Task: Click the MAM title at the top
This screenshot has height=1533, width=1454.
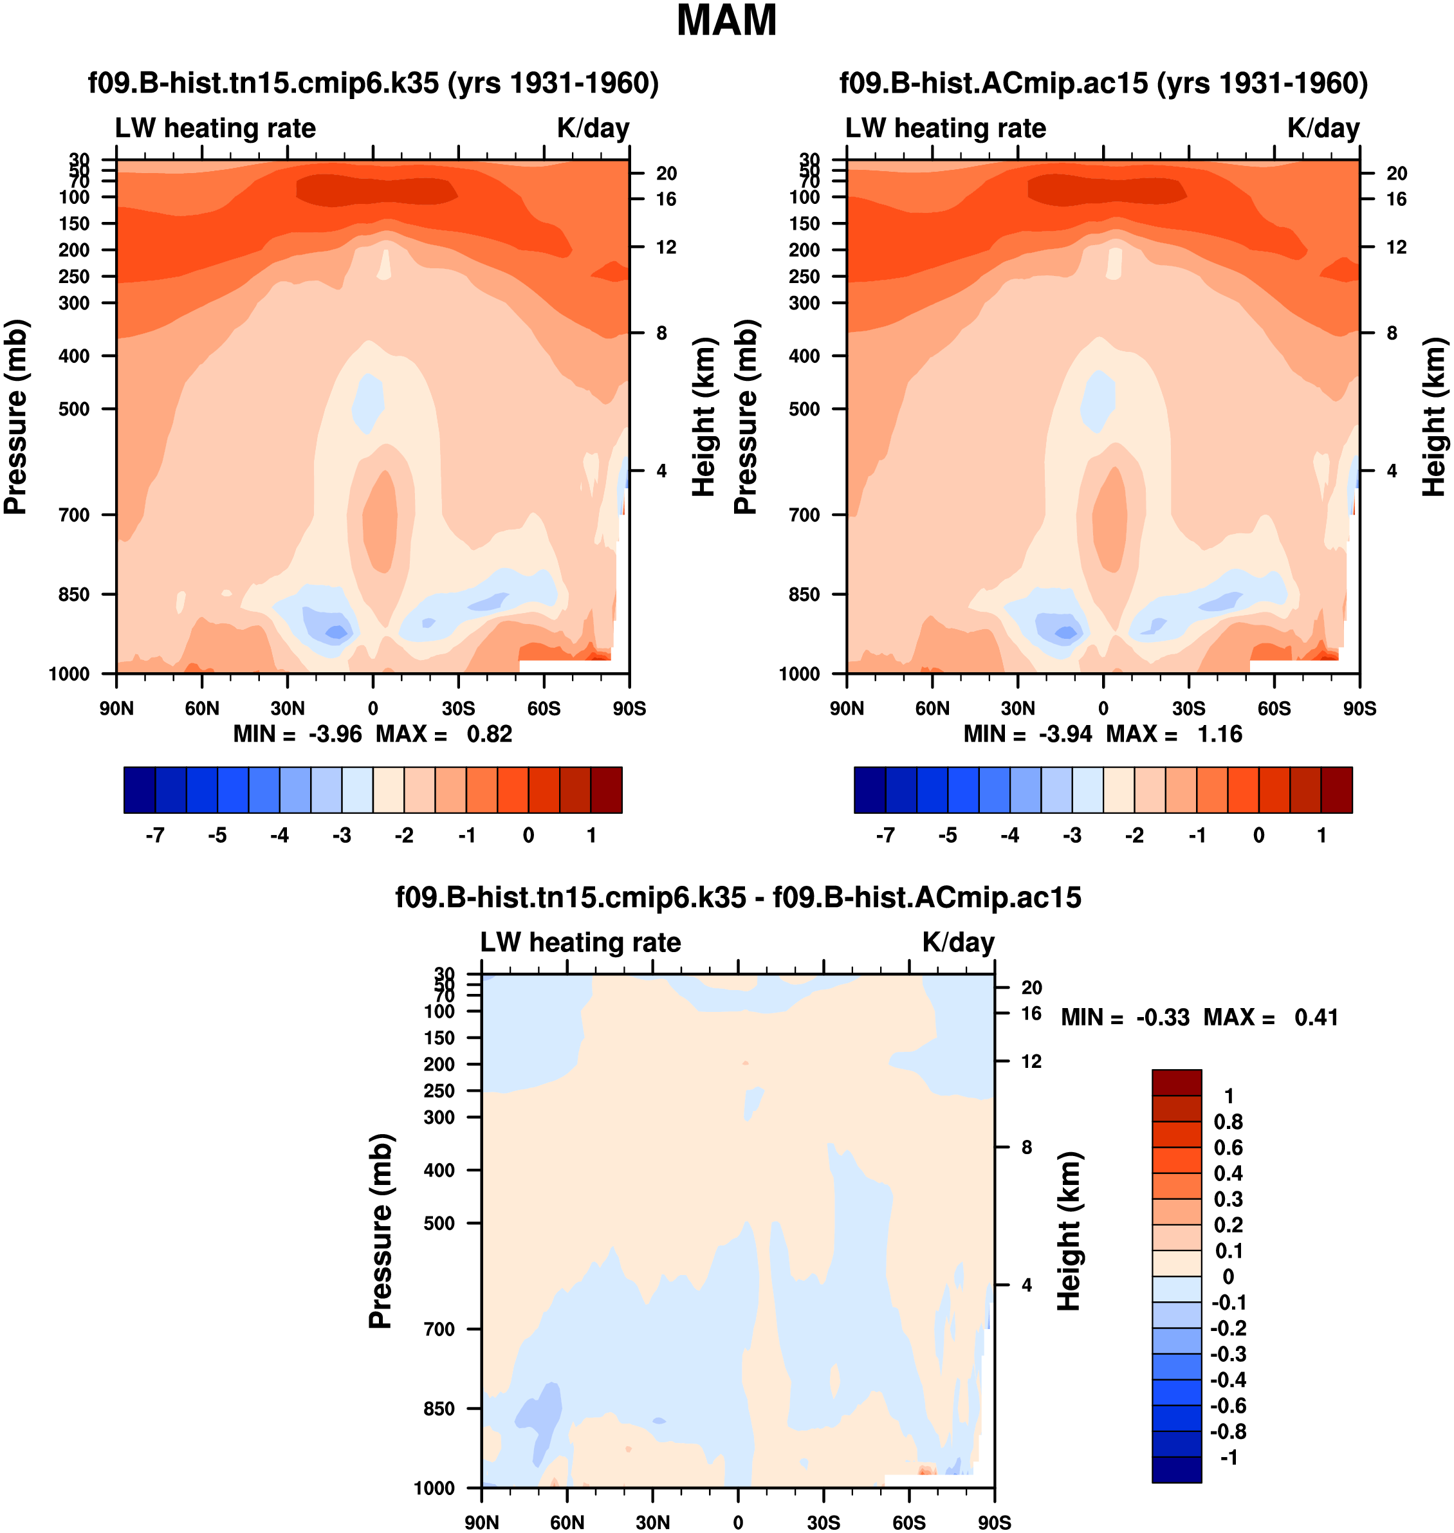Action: pos(726,21)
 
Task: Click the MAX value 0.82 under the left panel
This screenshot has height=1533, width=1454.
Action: pos(489,734)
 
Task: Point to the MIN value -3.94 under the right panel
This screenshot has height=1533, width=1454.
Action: pos(1065,734)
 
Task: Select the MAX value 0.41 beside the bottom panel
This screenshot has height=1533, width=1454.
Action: pos(1316,1018)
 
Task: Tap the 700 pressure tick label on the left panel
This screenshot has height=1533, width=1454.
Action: pos(75,515)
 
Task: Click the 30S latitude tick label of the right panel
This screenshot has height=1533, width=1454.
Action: pos(1188,708)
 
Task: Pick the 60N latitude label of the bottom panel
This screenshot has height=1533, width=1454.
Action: pos(567,1522)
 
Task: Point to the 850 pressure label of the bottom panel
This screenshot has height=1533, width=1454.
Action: pos(439,1409)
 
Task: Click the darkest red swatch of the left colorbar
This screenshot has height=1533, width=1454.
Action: pos(606,790)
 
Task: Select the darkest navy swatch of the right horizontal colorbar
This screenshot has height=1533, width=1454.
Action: pos(870,790)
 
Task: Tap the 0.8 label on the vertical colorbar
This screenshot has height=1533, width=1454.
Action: pos(1228,1121)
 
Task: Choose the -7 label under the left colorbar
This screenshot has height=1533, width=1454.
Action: pos(155,836)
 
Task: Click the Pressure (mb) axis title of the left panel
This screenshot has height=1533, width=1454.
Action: pos(15,417)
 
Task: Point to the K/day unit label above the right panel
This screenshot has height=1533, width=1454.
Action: pos(1323,128)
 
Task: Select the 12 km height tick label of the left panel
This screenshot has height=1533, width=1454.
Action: pos(667,247)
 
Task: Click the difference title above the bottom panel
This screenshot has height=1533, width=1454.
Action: pos(738,897)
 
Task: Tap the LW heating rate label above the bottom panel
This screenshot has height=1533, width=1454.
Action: pos(580,942)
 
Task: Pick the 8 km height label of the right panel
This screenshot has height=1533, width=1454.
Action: pos(1392,333)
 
